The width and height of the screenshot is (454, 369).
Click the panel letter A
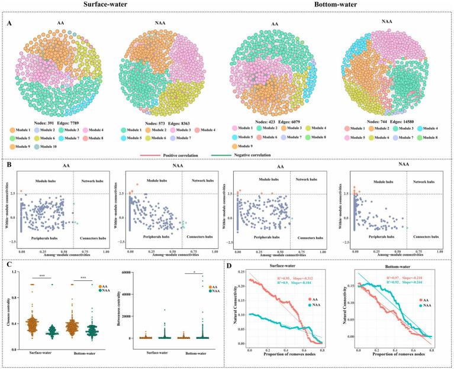pyautogui.click(x=9, y=24)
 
